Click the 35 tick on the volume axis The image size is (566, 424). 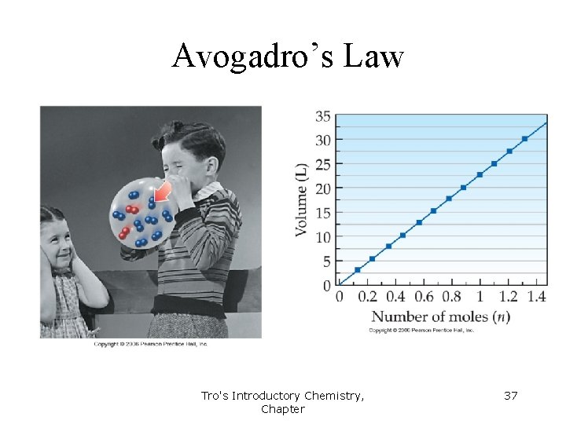[322, 116]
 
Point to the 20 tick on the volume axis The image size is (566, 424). [322, 188]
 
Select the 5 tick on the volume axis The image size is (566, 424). [326, 261]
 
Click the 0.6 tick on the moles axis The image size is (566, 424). [424, 297]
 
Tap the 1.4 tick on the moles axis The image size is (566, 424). [537, 297]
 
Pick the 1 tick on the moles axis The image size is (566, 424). [480, 297]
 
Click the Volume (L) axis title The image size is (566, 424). [302, 199]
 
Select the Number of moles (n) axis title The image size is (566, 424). [440, 317]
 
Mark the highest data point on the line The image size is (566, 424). [524, 139]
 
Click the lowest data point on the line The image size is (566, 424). [358, 270]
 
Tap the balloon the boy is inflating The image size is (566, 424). [141, 213]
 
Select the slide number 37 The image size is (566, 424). [510, 396]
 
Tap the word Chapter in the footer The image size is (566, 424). [282, 409]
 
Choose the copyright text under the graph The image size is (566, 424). [422, 331]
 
